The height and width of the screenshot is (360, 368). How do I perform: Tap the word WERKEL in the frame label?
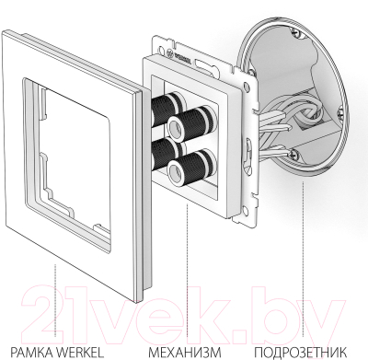tap(81, 351)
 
